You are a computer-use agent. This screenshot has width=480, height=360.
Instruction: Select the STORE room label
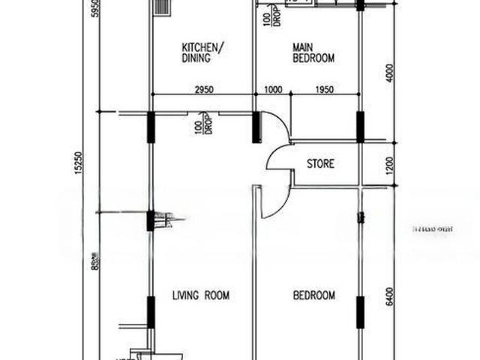point(320,163)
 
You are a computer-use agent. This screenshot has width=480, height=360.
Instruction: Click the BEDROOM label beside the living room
point(313,295)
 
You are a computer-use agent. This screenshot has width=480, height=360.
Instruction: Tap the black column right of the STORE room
point(361,127)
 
